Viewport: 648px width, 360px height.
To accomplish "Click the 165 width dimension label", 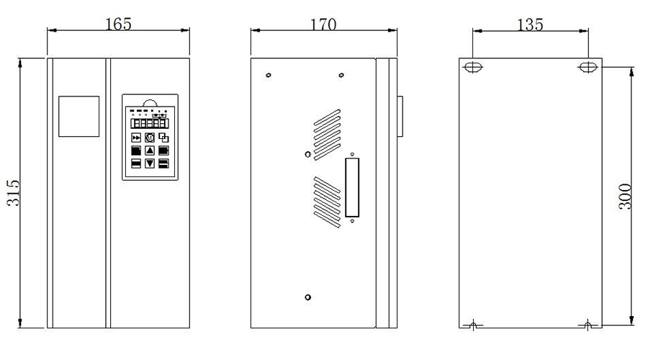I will click(118, 23).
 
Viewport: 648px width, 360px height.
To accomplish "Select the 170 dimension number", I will click(323, 24).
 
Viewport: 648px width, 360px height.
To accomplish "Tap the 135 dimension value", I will click(530, 24).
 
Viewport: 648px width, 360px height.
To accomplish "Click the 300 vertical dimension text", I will click(625, 196).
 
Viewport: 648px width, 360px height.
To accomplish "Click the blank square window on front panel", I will click(78, 115).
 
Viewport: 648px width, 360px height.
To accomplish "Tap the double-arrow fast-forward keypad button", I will click(136, 138).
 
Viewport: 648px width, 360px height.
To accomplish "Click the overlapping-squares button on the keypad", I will click(163, 138).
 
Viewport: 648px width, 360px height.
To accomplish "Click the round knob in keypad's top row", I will click(150, 138).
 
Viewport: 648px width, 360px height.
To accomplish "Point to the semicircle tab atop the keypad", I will click(150, 102).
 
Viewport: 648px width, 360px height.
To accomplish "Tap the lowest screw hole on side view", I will click(308, 297).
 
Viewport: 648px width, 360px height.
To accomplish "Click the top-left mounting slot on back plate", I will click(472, 68).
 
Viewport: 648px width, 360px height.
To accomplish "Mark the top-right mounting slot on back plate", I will click(588, 68).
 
